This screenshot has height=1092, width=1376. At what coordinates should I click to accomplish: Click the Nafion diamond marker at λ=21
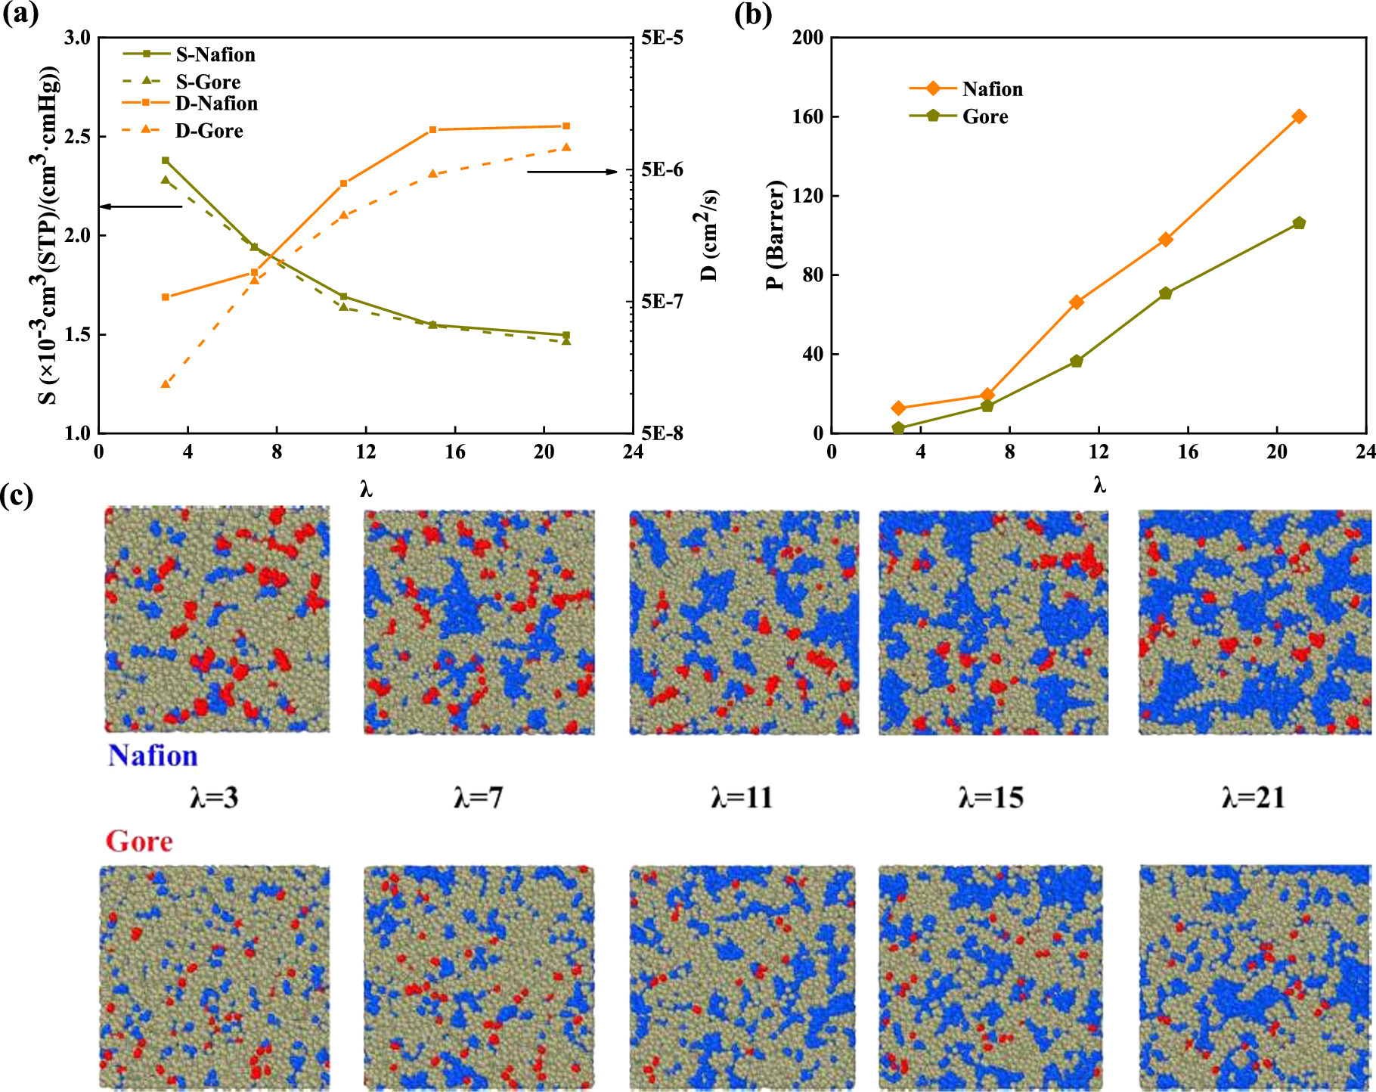1299,116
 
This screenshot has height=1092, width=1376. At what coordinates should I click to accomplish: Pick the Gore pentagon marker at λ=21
1299,223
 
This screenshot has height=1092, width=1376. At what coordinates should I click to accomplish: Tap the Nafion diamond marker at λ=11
1077,302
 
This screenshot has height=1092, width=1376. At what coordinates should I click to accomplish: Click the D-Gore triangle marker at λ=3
166,384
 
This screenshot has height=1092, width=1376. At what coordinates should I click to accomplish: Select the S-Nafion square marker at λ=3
166,160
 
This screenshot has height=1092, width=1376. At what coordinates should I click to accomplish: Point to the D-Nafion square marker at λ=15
433,130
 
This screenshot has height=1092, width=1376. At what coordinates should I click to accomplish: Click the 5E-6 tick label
662,170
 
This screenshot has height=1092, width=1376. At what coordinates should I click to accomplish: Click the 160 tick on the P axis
807,116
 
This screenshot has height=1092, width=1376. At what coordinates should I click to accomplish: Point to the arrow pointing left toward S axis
141,206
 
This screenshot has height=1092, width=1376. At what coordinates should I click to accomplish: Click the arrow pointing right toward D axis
572,172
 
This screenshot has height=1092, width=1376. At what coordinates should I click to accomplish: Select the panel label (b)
753,15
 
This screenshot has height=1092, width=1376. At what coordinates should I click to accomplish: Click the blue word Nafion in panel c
153,755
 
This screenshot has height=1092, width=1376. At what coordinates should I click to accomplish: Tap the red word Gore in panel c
139,841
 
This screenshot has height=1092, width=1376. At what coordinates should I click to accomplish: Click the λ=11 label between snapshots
742,798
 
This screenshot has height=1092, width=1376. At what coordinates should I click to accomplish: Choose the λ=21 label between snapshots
1253,798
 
